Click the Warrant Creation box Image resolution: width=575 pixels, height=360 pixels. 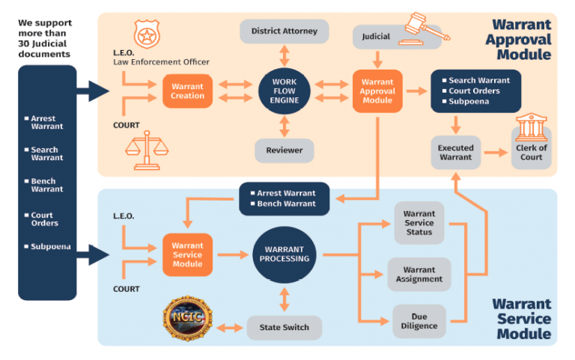(x=187, y=91)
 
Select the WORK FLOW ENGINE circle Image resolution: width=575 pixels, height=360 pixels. (x=285, y=91)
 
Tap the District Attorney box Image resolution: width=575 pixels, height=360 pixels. (x=285, y=31)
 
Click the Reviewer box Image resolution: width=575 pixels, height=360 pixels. (x=285, y=150)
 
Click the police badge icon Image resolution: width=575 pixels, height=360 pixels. (x=147, y=34)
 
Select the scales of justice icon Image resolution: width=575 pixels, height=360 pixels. (x=147, y=150)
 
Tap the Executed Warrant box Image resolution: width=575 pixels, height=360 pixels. (x=455, y=153)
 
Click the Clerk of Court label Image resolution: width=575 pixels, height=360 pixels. (x=532, y=153)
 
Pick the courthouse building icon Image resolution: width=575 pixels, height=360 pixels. (x=532, y=127)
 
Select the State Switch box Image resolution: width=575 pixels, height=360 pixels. (x=285, y=327)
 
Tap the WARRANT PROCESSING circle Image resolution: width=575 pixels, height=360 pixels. (x=285, y=254)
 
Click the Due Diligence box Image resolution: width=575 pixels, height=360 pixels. (x=419, y=321)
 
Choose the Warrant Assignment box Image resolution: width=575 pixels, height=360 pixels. (x=419, y=274)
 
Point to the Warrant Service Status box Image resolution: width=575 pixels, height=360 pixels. (x=419, y=223)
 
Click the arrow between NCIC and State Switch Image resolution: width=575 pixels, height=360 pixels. (x=230, y=327)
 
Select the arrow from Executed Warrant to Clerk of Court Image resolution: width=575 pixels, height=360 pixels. (x=496, y=152)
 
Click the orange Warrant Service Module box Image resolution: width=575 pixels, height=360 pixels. (x=187, y=254)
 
